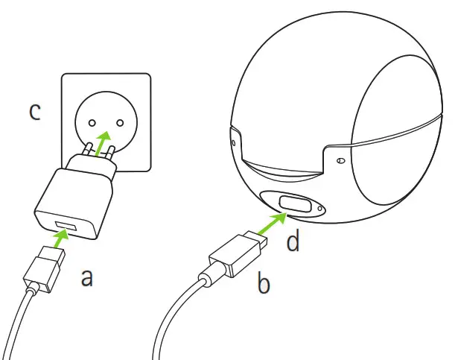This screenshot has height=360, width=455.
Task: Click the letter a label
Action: pyautogui.click(x=87, y=278)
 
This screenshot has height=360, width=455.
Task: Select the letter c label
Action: pyautogui.click(x=34, y=112)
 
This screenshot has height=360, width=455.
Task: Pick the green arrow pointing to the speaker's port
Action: pyautogui.click(x=273, y=221)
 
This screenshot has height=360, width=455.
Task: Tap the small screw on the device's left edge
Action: pyautogui.click(x=234, y=140)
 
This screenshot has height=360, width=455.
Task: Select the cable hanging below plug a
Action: pyautogui.click(x=22, y=328)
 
